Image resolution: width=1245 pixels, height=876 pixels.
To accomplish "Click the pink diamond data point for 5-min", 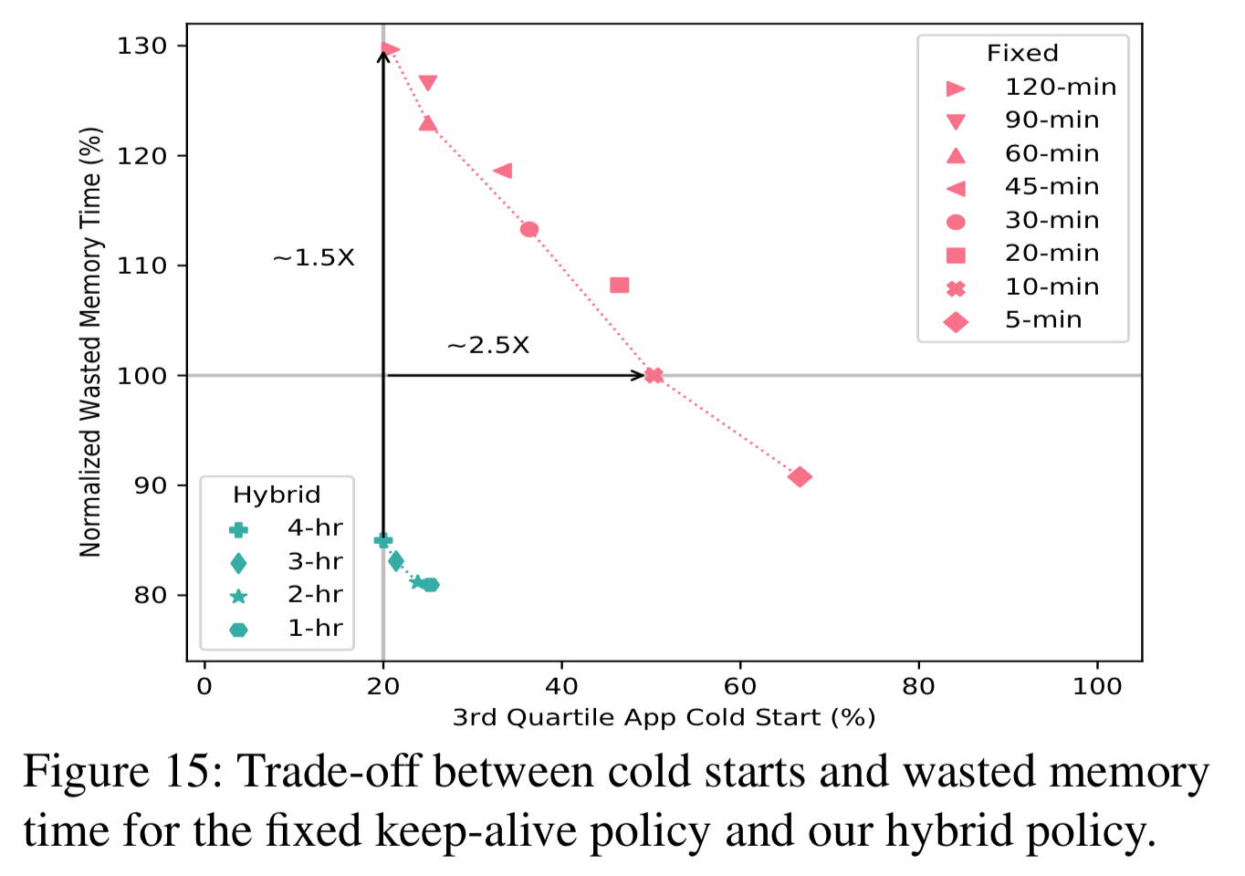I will pyautogui.click(x=800, y=476).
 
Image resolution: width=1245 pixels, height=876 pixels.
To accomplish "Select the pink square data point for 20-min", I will pyautogui.click(x=619, y=286).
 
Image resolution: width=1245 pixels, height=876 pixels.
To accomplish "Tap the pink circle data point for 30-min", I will pyautogui.click(x=529, y=229).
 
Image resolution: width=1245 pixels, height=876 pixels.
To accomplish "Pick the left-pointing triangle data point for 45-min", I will pyautogui.click(x=503, y=171).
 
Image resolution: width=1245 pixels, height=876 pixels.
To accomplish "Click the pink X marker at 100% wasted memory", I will pyautogui.click(x=654, y=375).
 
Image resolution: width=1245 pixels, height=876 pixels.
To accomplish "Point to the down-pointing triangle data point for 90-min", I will pyautogui.click(x=427, y=83).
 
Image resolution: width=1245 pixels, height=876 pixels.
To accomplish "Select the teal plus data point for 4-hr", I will pyautogui.click(x=383, y=540).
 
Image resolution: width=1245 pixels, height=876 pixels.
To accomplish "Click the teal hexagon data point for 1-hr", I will pyautogui.click(x=430, y=585).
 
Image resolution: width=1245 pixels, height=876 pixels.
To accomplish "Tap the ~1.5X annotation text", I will pyautogui.click(x=313, y=258).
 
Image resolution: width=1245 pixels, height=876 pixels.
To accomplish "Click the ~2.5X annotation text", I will pyautogui.click(x=488, y=346).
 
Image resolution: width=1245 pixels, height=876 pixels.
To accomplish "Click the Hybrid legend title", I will pyautogui.click(x=277, y=495).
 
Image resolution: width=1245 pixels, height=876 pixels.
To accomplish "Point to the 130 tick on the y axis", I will pyautogui.click(x=141, y=46).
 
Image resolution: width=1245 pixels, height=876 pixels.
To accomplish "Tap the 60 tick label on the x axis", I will pyautogui.click(x=739, y=686).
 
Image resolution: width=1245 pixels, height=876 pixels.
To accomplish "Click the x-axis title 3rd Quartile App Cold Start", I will pyautogui.click(x=664, y=718).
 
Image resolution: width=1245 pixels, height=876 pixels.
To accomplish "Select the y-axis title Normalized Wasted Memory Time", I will pyautogui.click(x=89, y=342).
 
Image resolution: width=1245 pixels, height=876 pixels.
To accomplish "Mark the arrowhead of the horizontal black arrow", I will pyautogui.click(x=640, y=375).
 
